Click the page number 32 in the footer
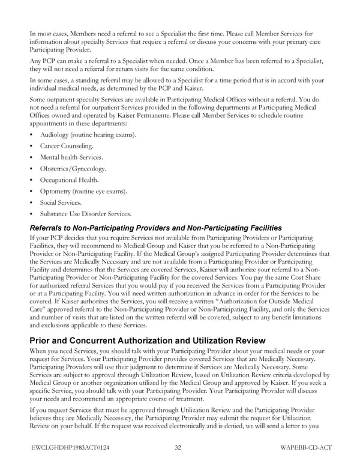(x=178, y=448)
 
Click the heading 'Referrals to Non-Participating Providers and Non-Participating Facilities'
(x=155, y=228)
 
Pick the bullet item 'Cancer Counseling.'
(x=67, y=146)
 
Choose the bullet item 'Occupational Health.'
(x=69, y=180)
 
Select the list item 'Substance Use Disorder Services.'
(x=85, y=214)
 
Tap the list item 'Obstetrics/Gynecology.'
(x=73, y=169)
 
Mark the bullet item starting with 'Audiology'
(x=88, y=135)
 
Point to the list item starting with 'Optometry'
(x=83, y=191)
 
